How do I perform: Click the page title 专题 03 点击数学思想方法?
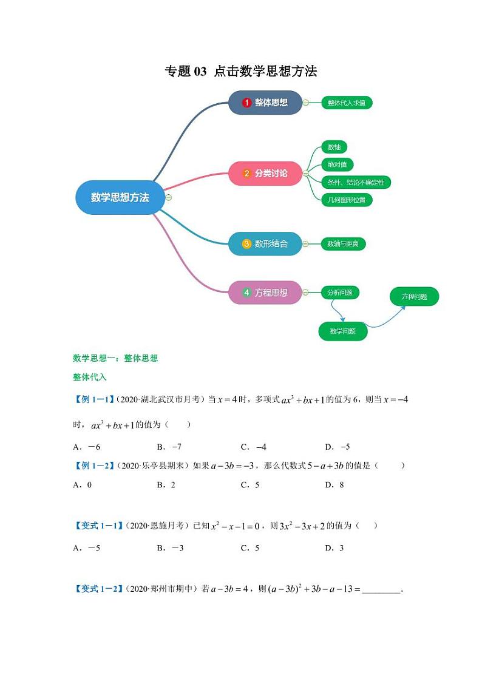(x=241, y=72)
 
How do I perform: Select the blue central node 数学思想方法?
(x=120, y=197)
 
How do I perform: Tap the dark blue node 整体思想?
(x=265, y=103)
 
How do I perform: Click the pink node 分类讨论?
(x=265, y=174)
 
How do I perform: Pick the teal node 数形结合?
(x=265, y=244)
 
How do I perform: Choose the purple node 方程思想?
(x=265, y=293)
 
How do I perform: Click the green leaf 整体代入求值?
(x=346, y=103)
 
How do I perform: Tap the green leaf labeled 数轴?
(x=334, y=147)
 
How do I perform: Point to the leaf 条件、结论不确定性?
(x=355, y=182)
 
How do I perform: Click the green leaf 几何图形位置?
(x=346, y=200)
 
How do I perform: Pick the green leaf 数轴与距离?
(x=343, y=244)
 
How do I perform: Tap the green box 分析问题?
(x=339, y=293)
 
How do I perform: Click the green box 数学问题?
(x=343, y=331)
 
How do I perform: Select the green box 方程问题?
(x=414, y=297)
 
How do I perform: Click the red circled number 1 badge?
(x=246, y=103)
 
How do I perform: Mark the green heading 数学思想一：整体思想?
(x=115, y=358)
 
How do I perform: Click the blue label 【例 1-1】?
(x=93, y=399)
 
